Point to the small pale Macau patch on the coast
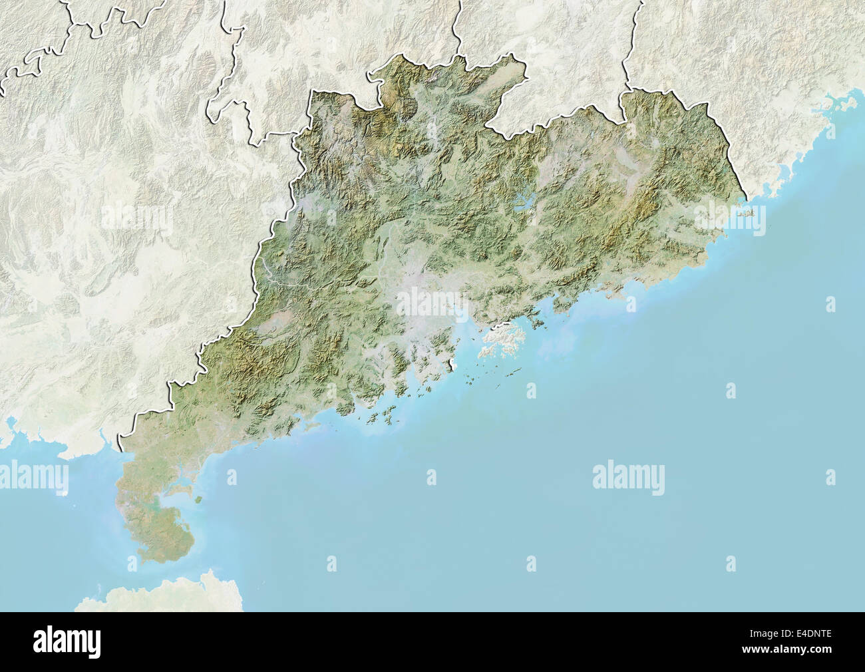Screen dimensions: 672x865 point(451,363)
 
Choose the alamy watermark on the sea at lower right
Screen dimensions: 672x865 point(628,476)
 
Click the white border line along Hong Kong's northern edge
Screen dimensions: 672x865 point(496,327)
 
